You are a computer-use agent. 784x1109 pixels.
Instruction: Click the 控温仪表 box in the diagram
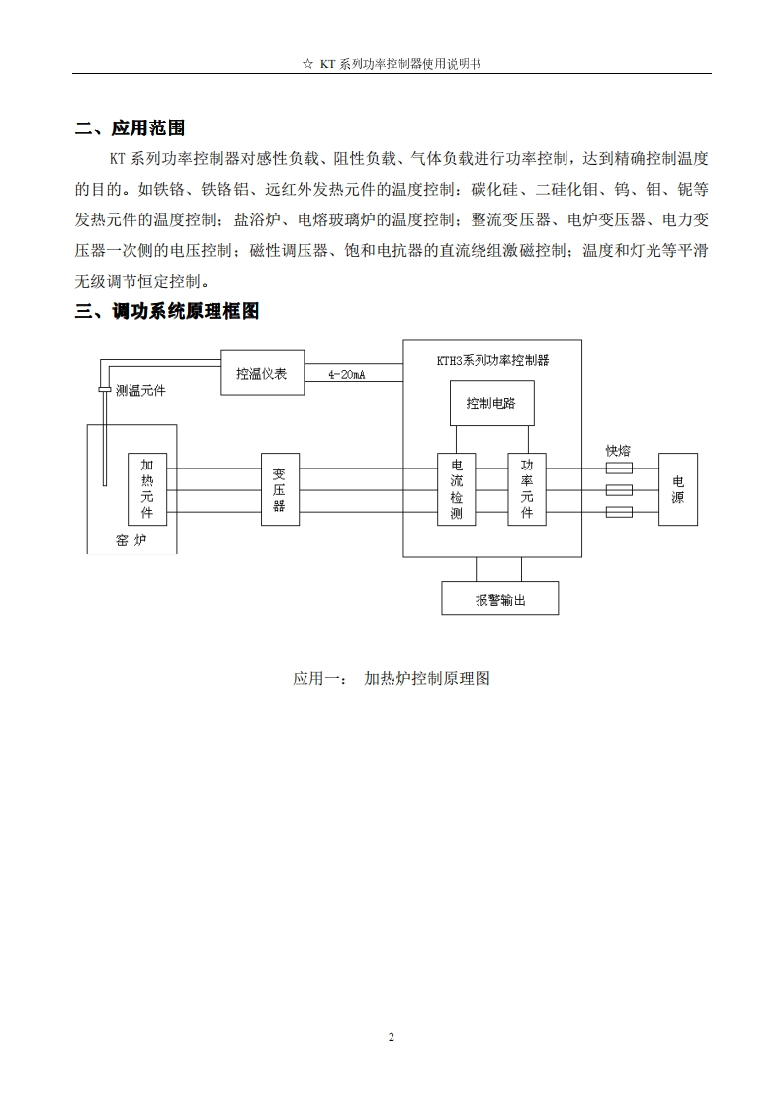(x=262, y=374)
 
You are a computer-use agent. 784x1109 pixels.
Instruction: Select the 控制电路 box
(x=491, y=403)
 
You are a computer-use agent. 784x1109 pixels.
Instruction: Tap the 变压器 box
(x=280, y=489)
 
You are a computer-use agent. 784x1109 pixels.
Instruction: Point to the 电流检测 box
(x=457, y=489)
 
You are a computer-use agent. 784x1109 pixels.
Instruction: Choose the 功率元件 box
(x=527, y=489)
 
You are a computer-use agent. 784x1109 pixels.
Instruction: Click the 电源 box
(x=678, y=489)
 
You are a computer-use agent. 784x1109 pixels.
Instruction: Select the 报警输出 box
(x=499, y=599)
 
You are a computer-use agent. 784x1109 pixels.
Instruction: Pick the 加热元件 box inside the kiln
(x=147, y=489)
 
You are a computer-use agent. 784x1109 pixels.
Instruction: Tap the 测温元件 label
(x=140, y=391)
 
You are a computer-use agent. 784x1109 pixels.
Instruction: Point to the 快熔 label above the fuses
(x=618, y=451)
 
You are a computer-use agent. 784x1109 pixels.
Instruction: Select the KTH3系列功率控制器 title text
(x=492, y=361)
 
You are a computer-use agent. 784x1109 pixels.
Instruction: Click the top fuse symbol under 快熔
(x=618, y=469)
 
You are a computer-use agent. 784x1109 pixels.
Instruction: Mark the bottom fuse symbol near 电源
(x=618, y=512)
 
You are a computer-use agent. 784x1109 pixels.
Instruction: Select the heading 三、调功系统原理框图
(x=167, y=312)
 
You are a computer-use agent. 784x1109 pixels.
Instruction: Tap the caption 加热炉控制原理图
(x=427, y=679)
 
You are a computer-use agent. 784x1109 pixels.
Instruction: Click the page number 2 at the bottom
(x=392, y=1037)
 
